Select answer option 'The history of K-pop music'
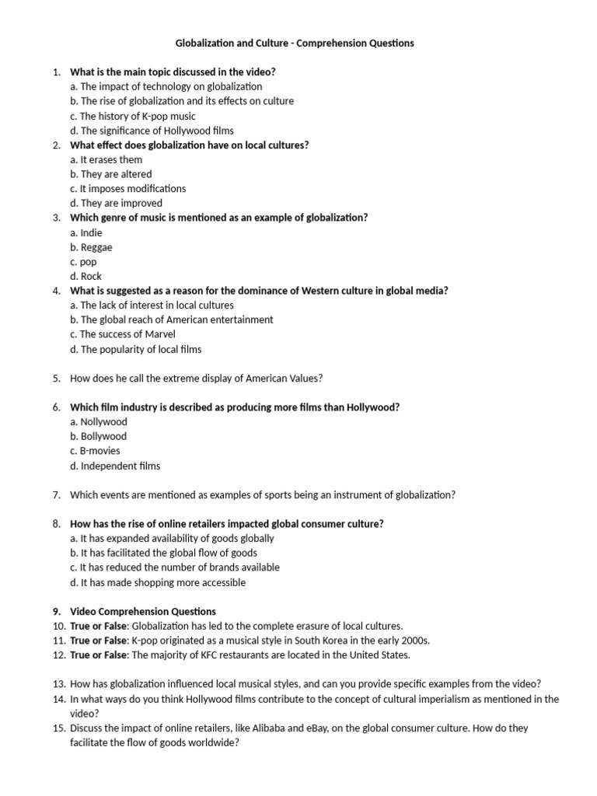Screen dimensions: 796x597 [138, 116]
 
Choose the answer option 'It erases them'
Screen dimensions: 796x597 [106, 159]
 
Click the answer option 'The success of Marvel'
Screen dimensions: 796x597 [122, 334]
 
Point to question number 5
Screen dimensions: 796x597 [57, 379]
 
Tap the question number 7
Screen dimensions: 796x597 [57, 494]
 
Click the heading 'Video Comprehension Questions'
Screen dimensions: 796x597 [143, 611]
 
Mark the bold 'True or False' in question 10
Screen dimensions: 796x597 [98, 626]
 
